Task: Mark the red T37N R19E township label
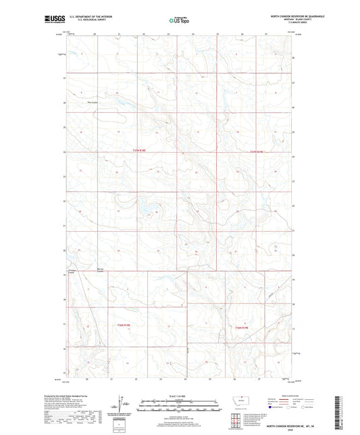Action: click(259, 151)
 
